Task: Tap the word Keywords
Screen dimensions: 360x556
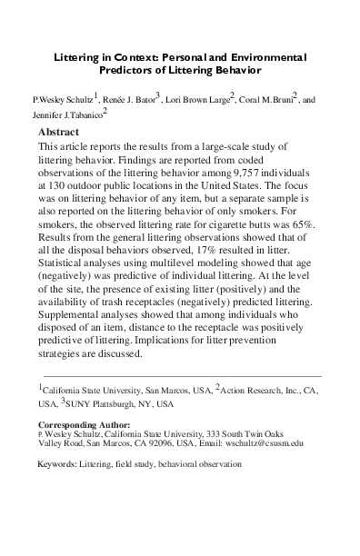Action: point(55,463)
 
